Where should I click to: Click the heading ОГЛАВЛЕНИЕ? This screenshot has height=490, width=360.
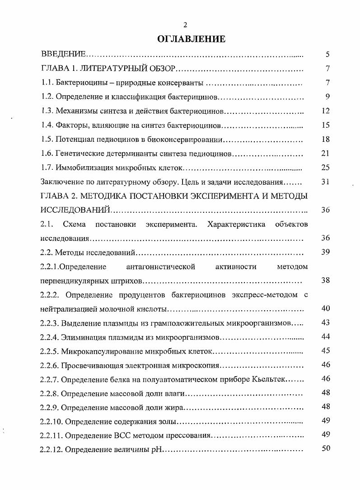click(191, 39)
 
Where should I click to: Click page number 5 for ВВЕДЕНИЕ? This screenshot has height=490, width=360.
click(327, 55)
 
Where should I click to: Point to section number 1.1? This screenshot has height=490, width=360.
click(46, 83)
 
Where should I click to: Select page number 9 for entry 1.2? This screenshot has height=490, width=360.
click(327, 97)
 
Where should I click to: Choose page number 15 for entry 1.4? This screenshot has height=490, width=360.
click(326, 125)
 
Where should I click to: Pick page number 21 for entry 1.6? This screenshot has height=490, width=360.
click(326, 154)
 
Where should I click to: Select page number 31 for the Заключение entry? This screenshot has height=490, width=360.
click(326, 182)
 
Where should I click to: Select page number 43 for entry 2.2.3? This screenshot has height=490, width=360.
click(326, 322)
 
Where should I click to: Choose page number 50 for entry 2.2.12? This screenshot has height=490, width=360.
click(326, 448)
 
